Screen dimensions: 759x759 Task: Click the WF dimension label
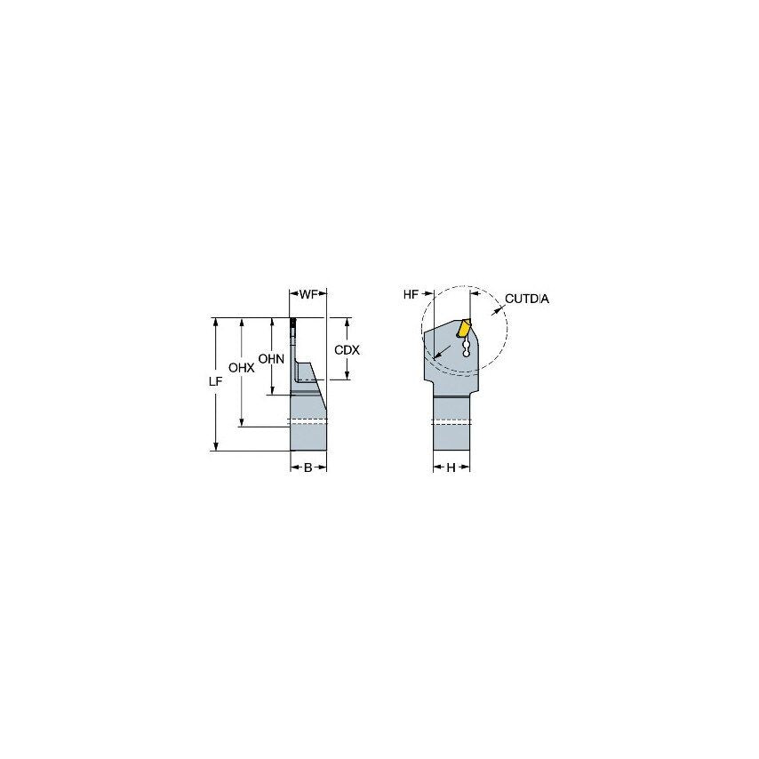308,293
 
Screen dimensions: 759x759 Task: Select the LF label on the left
214,380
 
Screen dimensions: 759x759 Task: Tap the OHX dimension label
241,367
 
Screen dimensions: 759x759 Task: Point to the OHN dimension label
270,359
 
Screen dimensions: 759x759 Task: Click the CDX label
347,350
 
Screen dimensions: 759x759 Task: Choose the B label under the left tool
308,467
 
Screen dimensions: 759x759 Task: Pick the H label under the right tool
451,467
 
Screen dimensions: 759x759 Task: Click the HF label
411,294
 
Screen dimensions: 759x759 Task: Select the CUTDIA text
527,299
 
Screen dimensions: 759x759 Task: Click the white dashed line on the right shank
451,420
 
